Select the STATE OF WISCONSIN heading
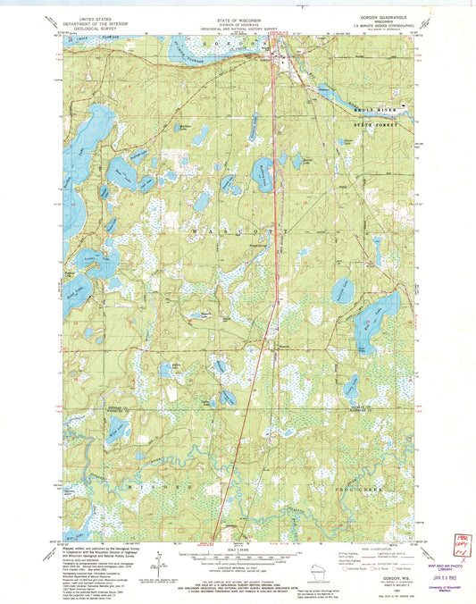[x=238, y=8]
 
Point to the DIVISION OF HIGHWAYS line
[x=238, y=13]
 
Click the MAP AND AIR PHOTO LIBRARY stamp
[x=444, y=554]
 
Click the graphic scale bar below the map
[x=238, y=560]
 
